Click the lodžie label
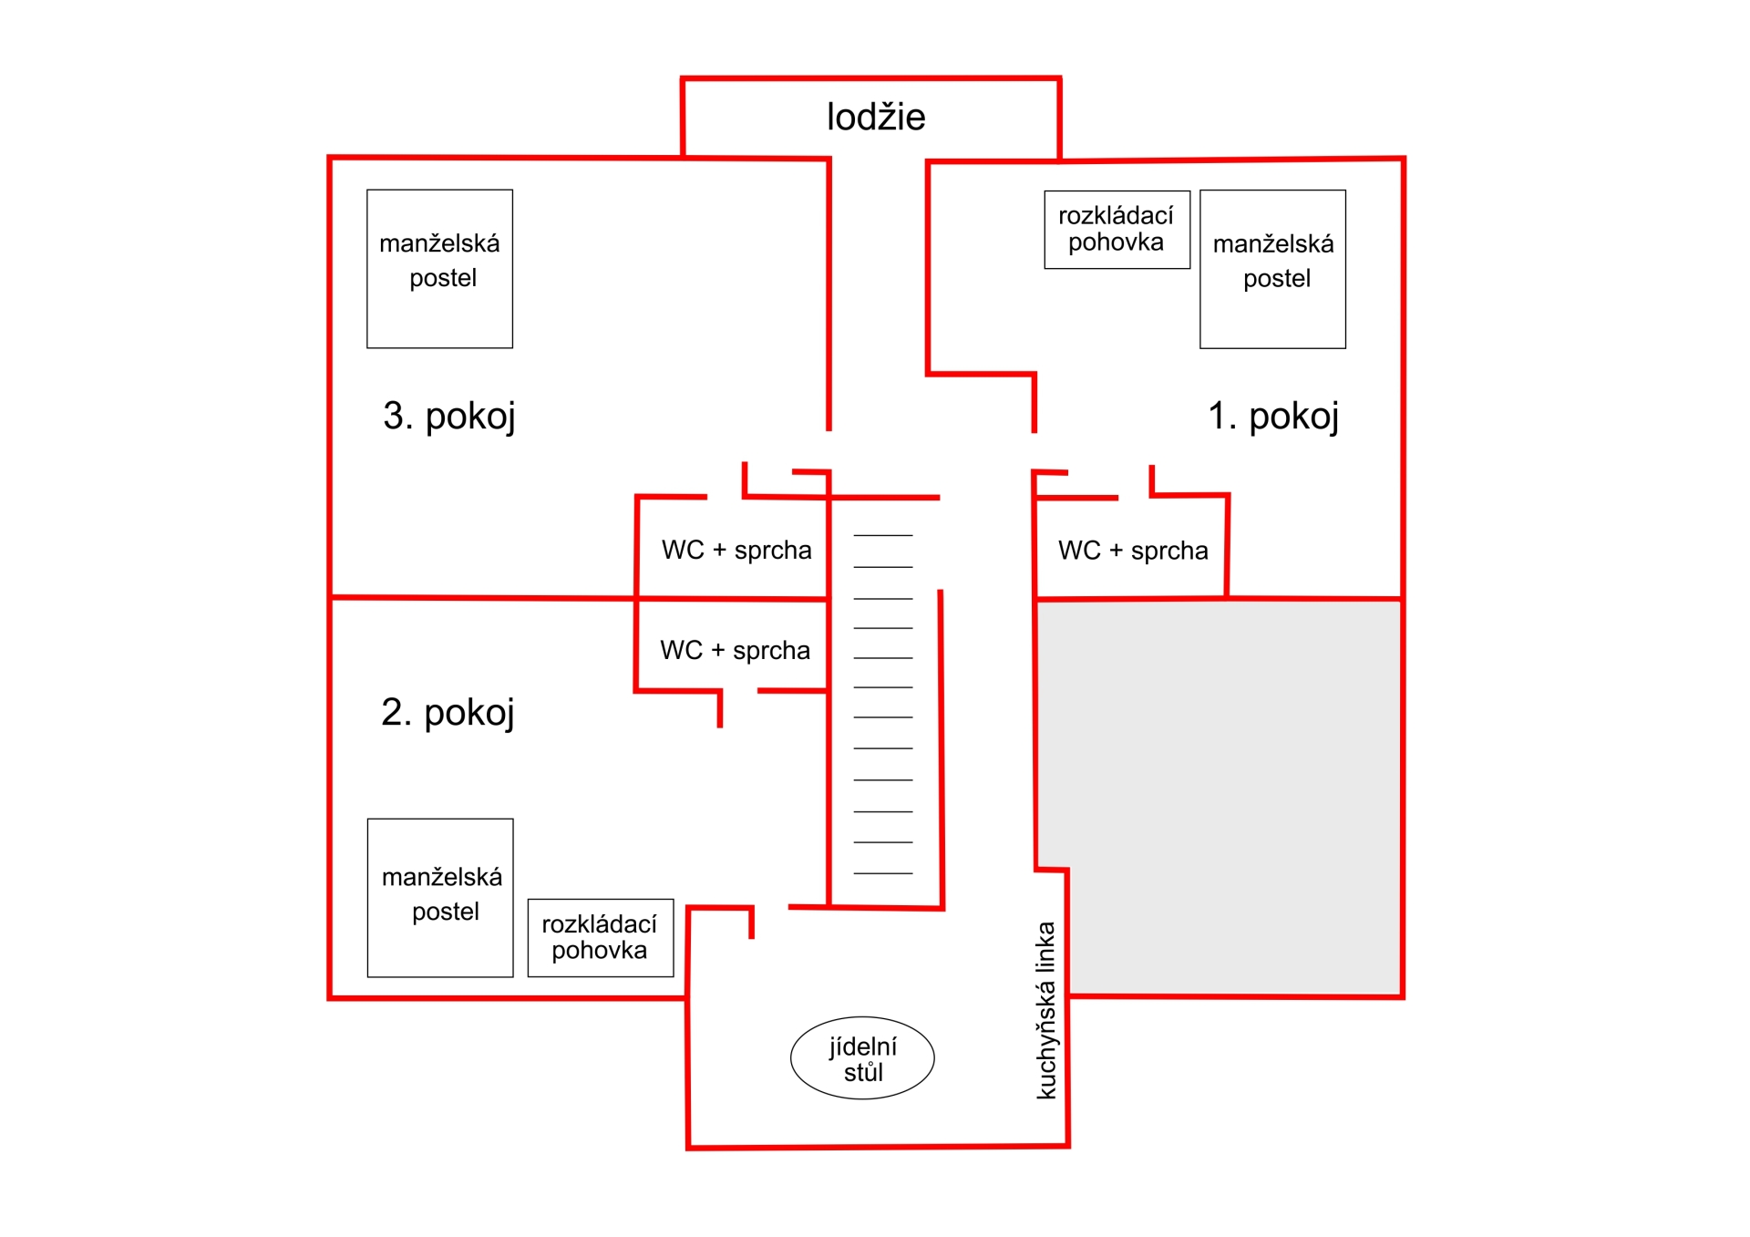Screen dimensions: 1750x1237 click(876, 118)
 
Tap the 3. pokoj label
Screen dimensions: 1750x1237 click(449, 417)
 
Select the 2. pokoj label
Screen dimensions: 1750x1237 click(448, 713)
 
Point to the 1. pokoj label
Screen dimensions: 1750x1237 click(1273, 417)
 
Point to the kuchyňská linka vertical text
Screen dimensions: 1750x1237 click(1046, 1010)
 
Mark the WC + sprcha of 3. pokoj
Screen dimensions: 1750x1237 click(736, 551)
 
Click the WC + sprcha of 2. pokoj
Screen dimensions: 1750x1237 click(735, 651)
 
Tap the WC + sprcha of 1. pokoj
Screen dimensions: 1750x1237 click(1133, 551)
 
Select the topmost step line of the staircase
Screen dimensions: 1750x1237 click(883, 535)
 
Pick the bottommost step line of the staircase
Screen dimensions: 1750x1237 click(883, 873)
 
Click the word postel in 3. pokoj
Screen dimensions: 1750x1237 click(443, 279)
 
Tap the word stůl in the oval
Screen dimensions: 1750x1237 click(863, 1073)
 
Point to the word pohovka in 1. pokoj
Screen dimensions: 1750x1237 click(1116, 242)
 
